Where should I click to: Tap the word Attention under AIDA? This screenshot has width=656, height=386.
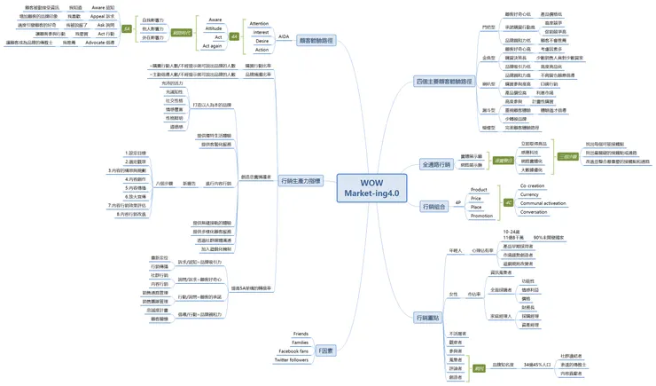pos(260,24)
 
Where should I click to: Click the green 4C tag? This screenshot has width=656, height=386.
pos(509,203)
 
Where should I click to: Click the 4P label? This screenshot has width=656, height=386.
pos(457,203)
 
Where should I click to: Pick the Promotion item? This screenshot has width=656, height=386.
pos(481,216)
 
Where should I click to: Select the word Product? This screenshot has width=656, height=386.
pos(479,190)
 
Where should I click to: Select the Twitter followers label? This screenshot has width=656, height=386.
pos(292,360)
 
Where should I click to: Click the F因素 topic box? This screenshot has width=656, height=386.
pos(326,351)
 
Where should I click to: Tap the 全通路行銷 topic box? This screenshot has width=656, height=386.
pos(435,164)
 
